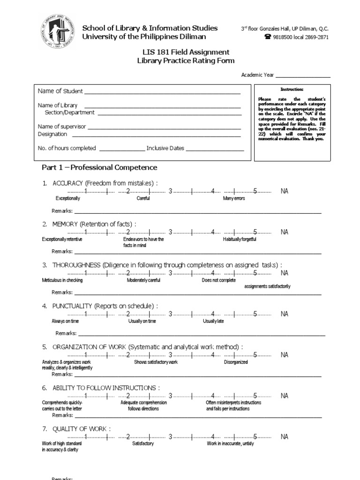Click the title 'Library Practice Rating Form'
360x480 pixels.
point(186,61)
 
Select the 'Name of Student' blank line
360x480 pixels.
point(162,93)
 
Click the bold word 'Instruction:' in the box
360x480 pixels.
point(292,89)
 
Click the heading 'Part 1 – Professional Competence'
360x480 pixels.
point(99,167)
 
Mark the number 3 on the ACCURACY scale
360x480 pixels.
point(171,191)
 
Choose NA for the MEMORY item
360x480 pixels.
point(285,232)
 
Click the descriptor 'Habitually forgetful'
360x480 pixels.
point(240,239)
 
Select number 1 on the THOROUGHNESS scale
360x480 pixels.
point(85,273)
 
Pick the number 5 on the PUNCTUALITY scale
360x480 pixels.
point(255,314)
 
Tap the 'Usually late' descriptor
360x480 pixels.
point(213,321)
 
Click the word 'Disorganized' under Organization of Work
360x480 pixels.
point(236,362)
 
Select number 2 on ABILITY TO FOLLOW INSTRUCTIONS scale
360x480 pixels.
point(127,396)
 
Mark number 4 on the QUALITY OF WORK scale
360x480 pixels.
point(213,436)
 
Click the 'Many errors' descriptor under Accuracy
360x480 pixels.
point(234,198)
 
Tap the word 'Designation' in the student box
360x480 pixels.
point(52,134)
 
